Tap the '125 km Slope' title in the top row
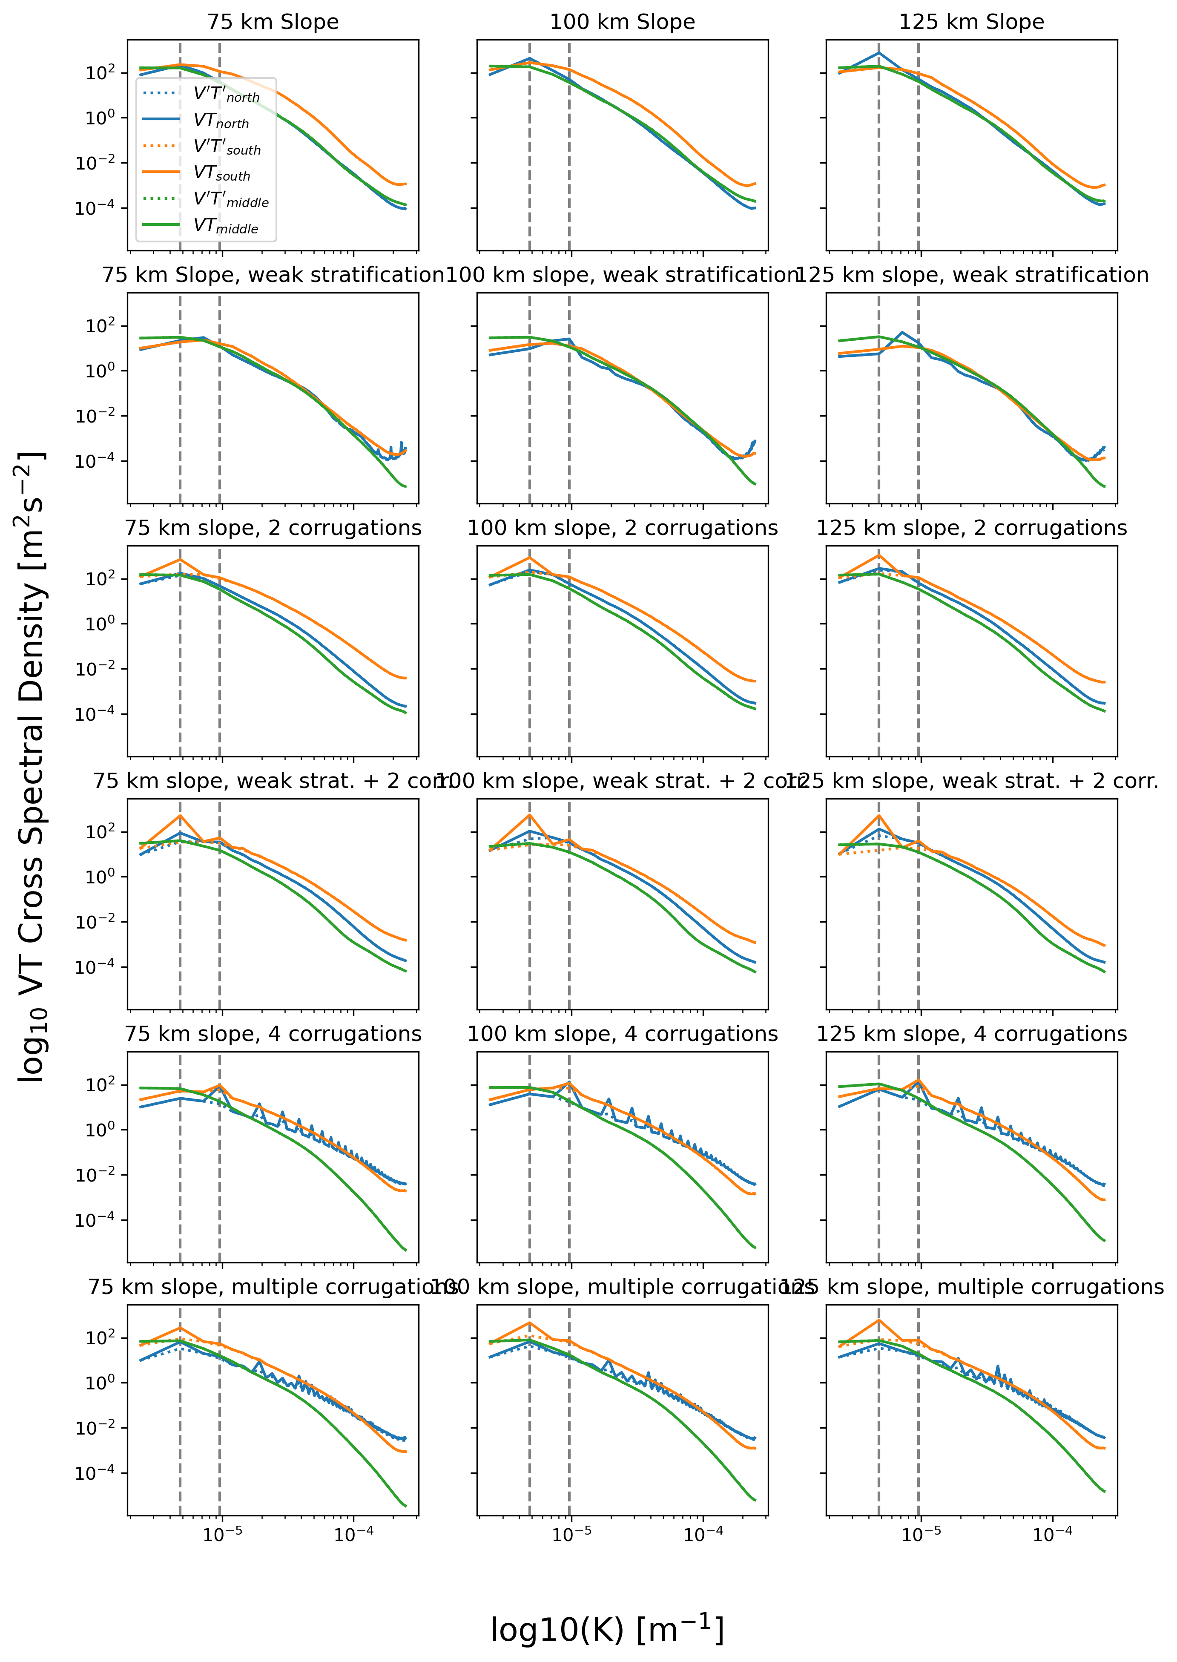pyautogui.click(x=971, y=22)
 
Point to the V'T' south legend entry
pyautogui.click(x=227, y=147)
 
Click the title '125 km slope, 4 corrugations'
pyautogui.click(x=971, y=1034)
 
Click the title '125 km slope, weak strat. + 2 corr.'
pyautogui.click(x=971, y=781)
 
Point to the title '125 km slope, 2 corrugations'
pyautogui.click(x=971, y=528)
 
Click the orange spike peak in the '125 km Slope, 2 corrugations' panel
pyautogui.click(x=879, y=556)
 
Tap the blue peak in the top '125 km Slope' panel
pyautogui.click(x=879, y=53)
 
